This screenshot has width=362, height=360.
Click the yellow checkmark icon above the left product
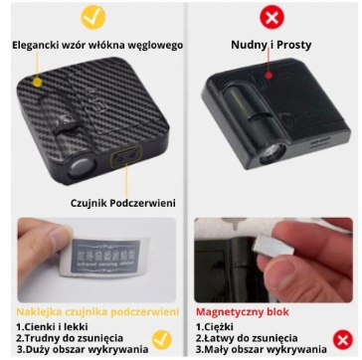point(93,17)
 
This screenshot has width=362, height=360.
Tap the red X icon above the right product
point(271,17)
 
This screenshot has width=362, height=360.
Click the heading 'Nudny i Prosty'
point(271,45)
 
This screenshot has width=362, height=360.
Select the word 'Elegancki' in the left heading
point(34,45)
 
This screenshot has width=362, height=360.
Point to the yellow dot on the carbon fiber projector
point(38,82)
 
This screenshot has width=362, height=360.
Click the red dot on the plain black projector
point(269,76)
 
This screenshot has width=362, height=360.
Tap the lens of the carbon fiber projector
point(80,168)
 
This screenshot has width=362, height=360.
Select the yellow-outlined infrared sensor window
point(126,155)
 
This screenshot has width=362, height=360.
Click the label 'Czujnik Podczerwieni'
point(123,203)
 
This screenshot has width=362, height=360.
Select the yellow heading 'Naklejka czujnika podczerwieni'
point(97,312)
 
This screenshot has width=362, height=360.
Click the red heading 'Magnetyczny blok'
point(243,312)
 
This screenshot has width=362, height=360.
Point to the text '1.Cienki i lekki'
point(52,326)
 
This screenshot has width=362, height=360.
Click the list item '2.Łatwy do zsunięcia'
point(247,338)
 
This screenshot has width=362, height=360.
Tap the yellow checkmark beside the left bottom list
point(162,340)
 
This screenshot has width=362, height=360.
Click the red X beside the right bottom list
point(343,340)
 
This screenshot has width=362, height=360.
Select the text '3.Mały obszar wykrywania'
point(261,349)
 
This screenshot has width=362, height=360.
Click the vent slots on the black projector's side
point(321,142)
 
